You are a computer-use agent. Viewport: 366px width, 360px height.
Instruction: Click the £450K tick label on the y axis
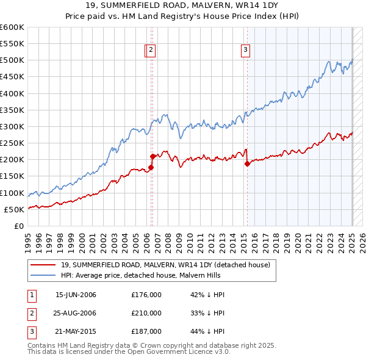12,77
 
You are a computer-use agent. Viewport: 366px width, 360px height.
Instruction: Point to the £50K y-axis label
15,209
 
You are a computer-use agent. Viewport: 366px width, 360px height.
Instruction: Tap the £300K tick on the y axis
12,126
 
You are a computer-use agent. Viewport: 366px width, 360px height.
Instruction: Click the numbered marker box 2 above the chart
151,51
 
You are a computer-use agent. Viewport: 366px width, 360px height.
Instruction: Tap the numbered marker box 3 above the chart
245,51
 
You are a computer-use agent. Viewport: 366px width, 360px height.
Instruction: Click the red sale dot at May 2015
247,164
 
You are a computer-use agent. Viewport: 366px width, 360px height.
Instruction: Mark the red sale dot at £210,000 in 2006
152,156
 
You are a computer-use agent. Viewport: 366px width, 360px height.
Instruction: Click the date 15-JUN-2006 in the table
76,295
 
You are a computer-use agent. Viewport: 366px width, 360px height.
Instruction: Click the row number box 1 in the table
30,295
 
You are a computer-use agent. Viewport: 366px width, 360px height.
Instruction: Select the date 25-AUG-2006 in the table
76,313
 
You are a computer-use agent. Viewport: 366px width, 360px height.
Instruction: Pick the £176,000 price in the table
146,295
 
